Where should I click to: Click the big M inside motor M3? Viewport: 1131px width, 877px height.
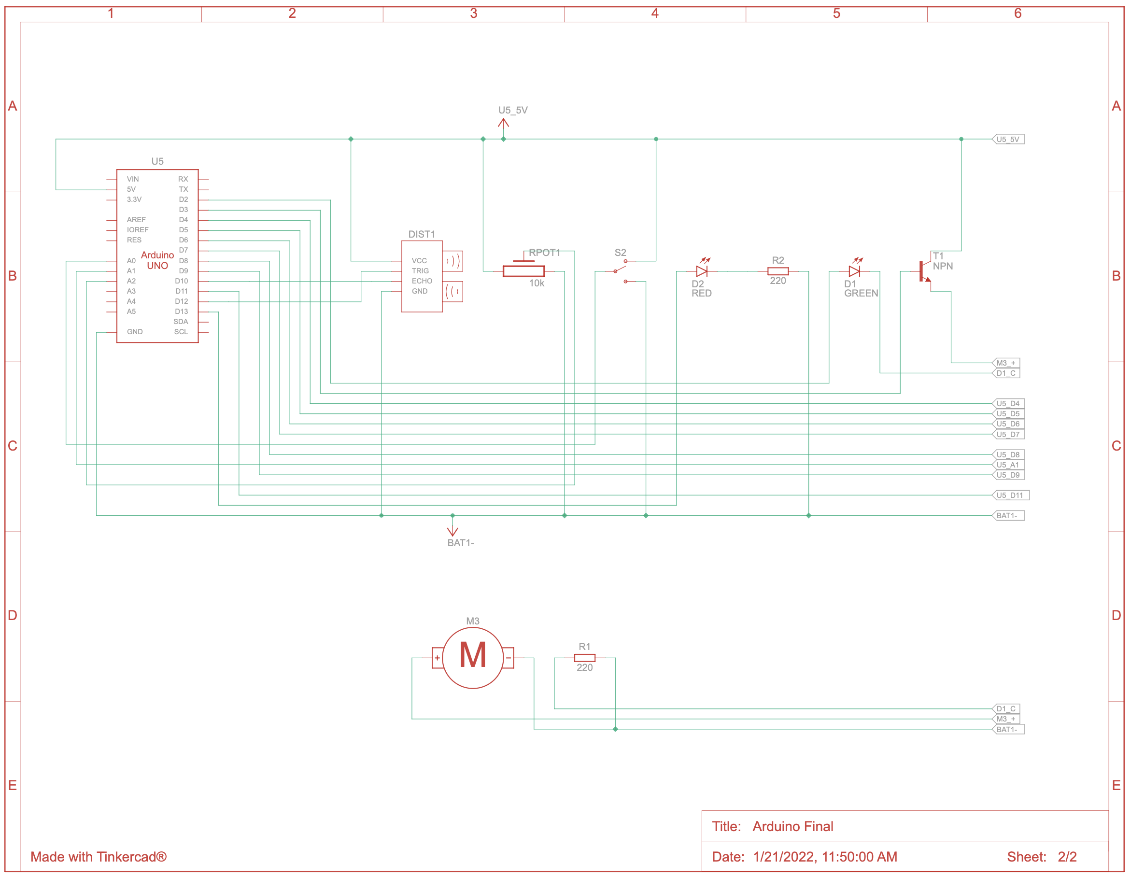(472, 656)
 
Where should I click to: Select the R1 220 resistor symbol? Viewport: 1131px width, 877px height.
(585, 658)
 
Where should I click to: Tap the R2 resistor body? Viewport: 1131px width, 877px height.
(778, 271)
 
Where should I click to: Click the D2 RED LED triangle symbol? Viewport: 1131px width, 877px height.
(702, 271)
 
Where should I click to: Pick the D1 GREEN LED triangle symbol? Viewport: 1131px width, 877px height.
(854, 271)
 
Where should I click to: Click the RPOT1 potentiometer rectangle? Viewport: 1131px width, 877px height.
(523, 271)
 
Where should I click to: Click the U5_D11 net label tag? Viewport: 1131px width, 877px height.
(1010, 495)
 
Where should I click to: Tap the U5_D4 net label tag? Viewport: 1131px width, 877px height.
(1008, 404)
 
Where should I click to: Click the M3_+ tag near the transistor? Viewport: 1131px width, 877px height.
(1005, 363)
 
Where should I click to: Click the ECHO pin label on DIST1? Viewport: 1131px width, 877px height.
(422, 281)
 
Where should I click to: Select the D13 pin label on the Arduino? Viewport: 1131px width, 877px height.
(181, 311)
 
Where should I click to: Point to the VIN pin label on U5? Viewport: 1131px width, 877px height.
(133, 179)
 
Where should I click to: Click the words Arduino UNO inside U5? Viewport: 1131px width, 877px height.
(157, 260)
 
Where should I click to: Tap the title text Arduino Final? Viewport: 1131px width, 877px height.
(792, 826)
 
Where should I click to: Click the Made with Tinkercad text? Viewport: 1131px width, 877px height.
(99, 856)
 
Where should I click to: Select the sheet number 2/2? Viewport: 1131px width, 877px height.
(1067, 856)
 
